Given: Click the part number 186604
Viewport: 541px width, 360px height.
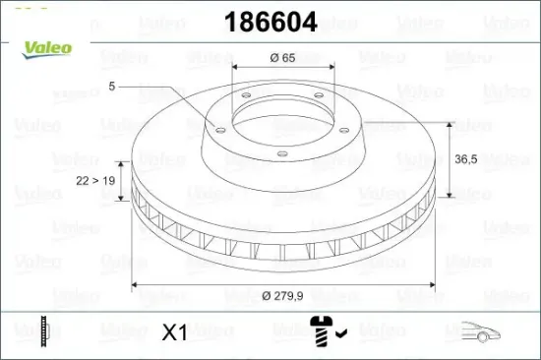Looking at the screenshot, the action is [x=270, y=22].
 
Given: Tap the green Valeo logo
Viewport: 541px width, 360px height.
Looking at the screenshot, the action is [x=47, y=50].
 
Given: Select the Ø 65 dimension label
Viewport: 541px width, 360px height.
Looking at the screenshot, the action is [x=282, y=58].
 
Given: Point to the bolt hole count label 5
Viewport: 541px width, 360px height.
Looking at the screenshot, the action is [x=111, y=86].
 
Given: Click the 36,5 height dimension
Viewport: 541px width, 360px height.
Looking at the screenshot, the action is [x=466, y=159].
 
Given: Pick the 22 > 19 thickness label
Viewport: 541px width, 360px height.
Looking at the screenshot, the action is [x=95, y=181].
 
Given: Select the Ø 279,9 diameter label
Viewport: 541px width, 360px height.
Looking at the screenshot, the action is [x=282, y=296].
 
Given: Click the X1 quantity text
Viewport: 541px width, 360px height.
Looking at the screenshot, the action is [x=174, y=332].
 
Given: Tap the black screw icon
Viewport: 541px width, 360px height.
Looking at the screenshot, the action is [x=322, y=330].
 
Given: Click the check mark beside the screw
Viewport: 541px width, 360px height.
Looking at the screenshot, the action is [x=341, y=333].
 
